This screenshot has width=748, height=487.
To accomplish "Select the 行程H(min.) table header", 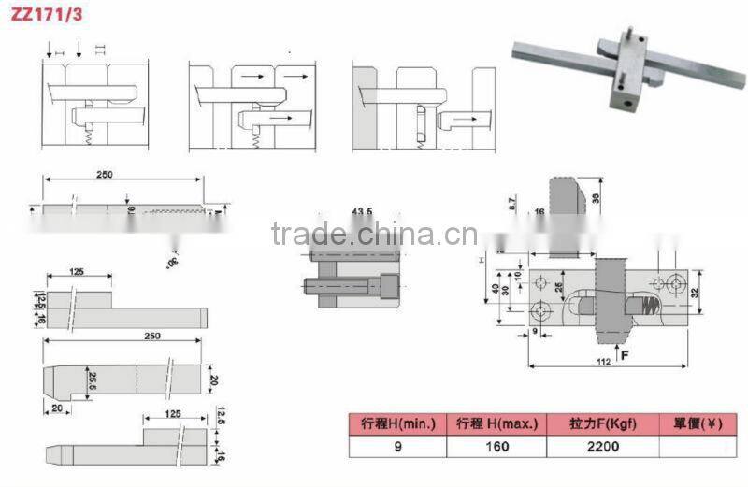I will click(x=397, y=424).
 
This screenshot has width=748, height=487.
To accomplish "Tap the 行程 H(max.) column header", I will click(x=496, y=424).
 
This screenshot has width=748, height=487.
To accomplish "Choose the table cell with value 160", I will click(x=496, y=446).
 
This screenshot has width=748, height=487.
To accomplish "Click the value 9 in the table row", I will click(x=397, y=446).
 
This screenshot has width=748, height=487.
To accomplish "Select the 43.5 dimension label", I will click(x=364, y=212).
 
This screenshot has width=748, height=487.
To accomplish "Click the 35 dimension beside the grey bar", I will click(x=596, y=198).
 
